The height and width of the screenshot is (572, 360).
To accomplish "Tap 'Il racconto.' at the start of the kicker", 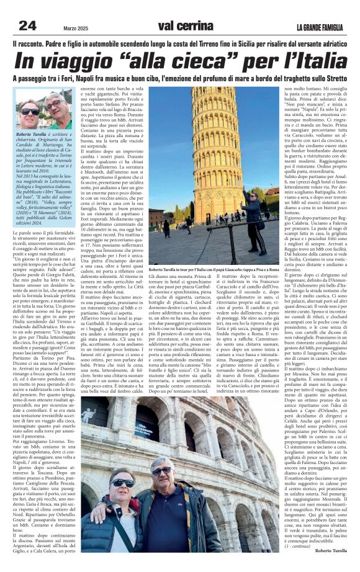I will [29, 45].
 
